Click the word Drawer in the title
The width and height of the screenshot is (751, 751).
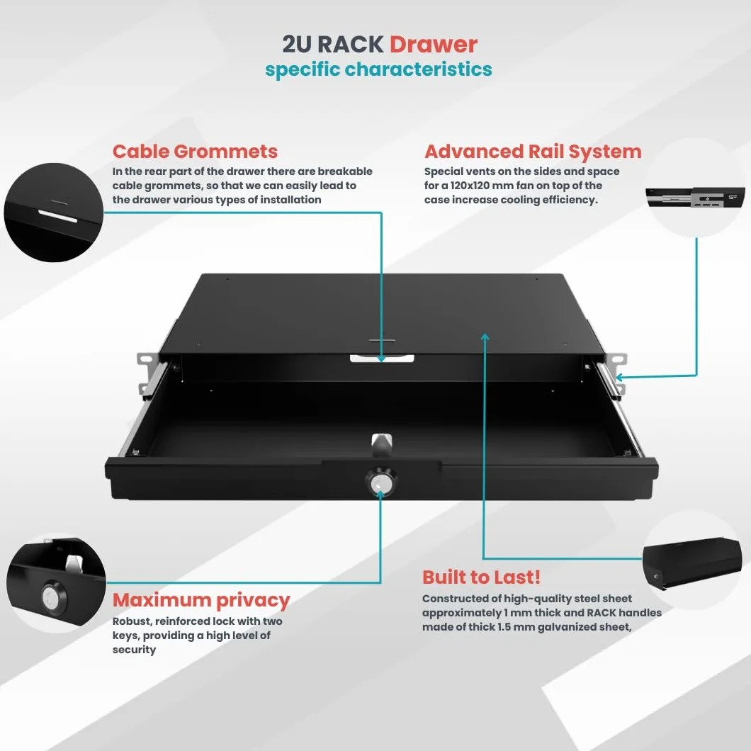[x=433, y=45]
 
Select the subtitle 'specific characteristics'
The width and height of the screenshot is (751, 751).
[x=378, y=69]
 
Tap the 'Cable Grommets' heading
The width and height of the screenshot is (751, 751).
[x=195, y=152]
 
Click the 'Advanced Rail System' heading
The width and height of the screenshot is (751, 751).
[x=533, y=152]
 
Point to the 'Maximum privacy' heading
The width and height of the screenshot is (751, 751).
[x=201, y=599]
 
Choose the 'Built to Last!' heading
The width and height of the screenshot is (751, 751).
[x=481, y=577]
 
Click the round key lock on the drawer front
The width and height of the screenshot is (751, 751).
[x=381, y=482]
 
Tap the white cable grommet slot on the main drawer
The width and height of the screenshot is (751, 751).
[x=382, y=358]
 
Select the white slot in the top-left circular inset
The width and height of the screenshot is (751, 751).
[x=57, y=216]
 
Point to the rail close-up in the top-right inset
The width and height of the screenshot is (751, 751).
[x=695, y=198]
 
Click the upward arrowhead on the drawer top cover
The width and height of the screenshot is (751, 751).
[x=485, y=337]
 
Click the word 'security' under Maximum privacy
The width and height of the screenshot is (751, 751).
[x=134, y=650]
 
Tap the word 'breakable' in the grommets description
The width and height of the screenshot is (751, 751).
[x=345, y=171]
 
